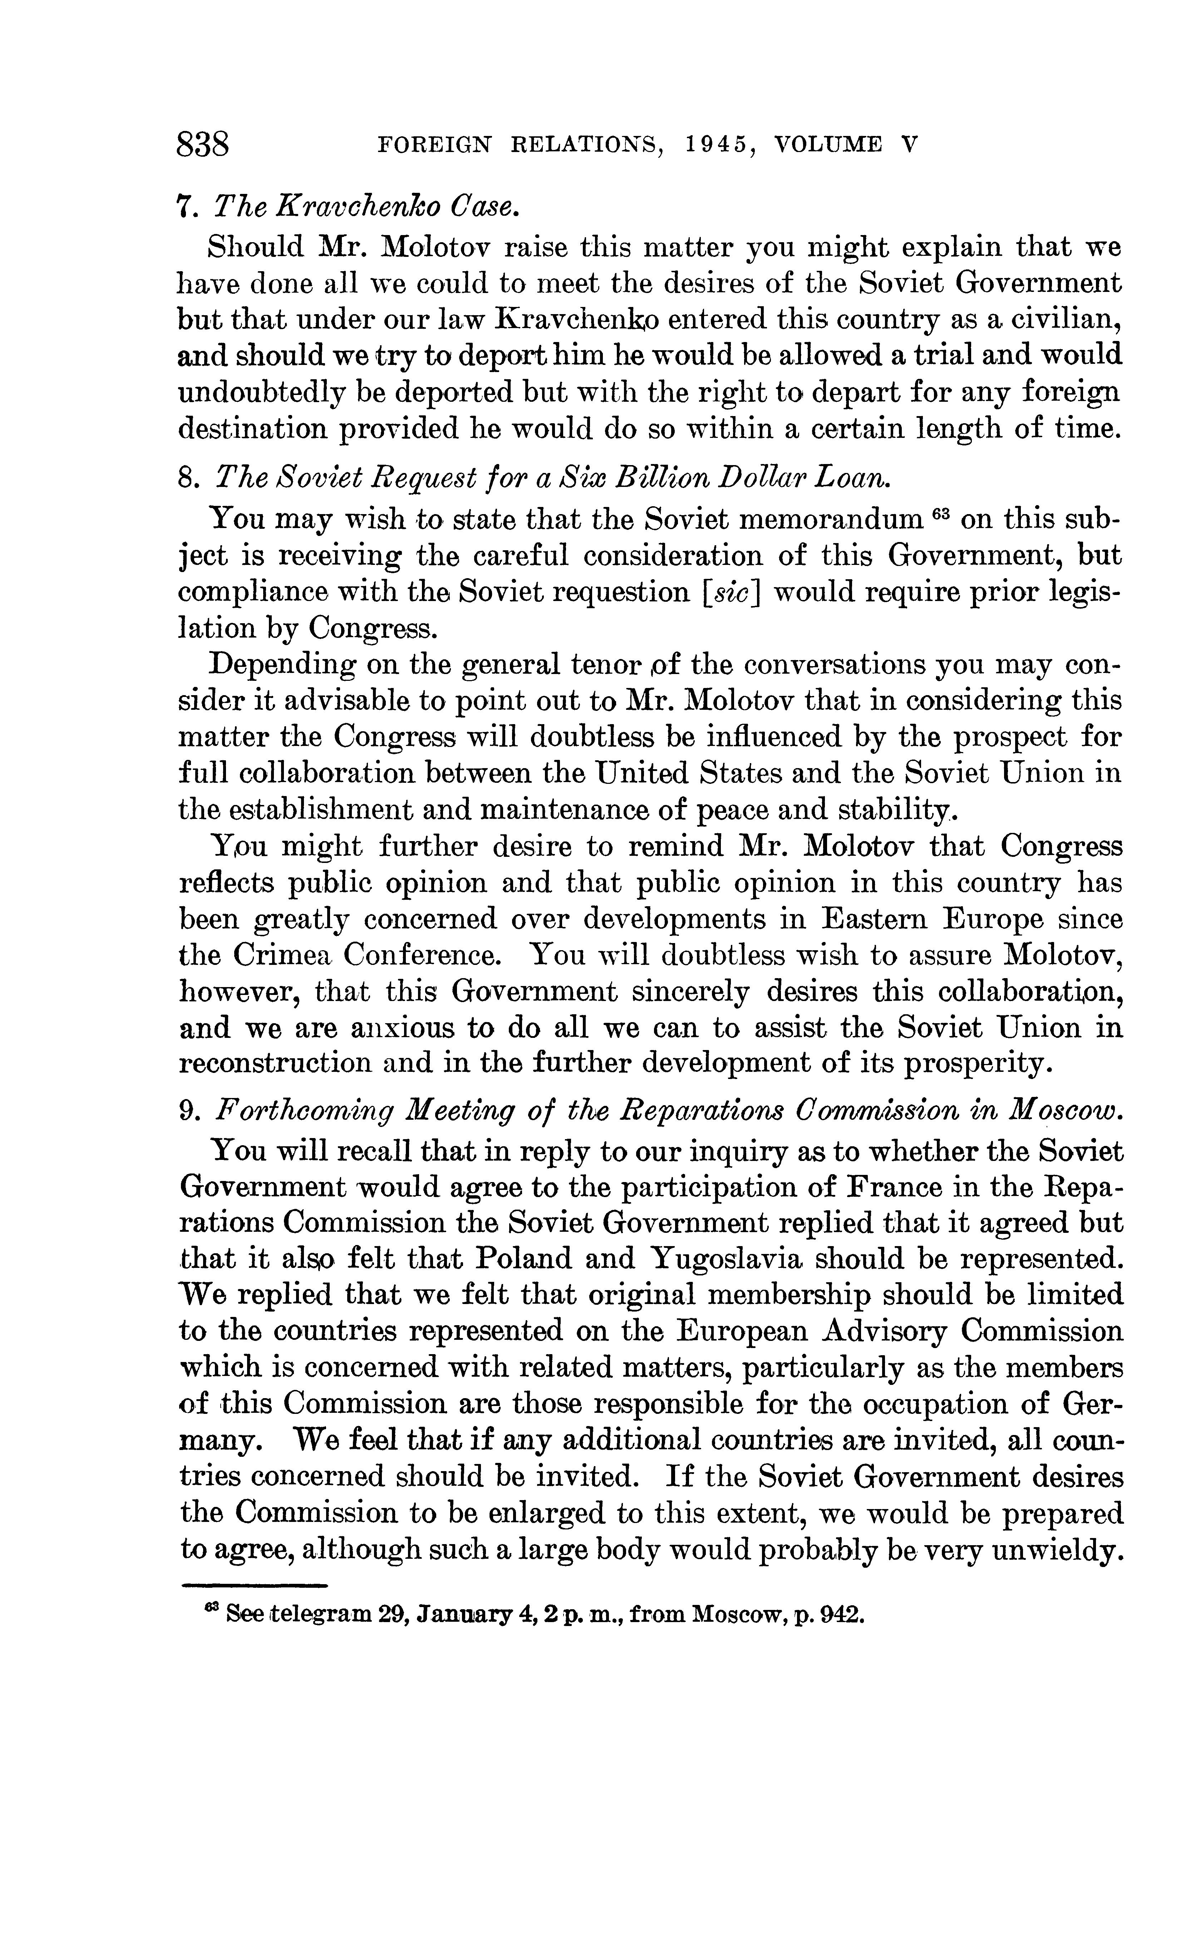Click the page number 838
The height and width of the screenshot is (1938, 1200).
[x=203, y=145]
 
